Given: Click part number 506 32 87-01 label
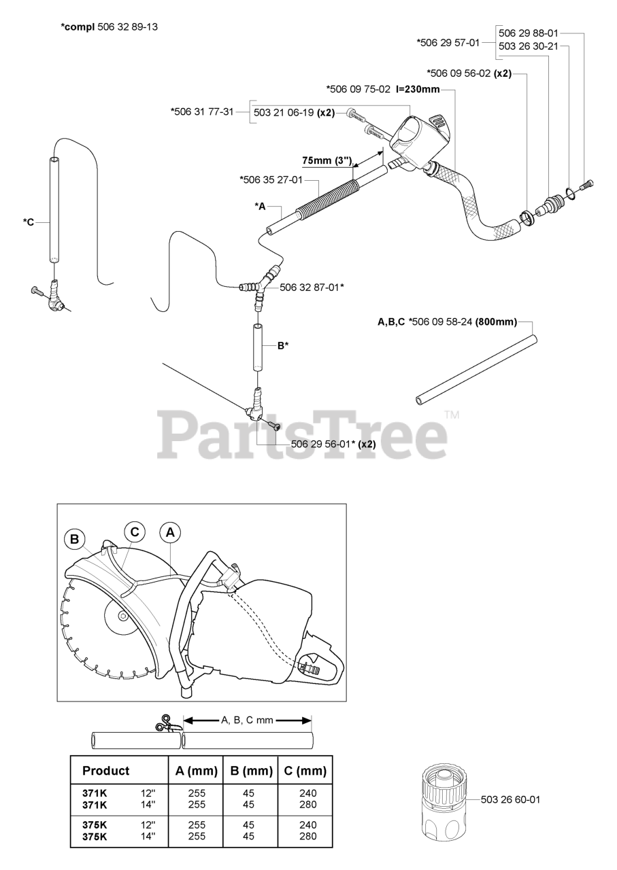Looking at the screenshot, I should [312, 288].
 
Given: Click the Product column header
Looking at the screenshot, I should [105, 771].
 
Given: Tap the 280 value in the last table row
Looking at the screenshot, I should [308, 836].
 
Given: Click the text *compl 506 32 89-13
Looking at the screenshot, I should [105, 27].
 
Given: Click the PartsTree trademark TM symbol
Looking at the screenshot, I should [452, 414].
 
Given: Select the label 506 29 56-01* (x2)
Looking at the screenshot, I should [333, 444].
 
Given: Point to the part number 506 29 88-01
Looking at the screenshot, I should [529, 33].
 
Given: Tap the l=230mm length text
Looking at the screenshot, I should [418, 89].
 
